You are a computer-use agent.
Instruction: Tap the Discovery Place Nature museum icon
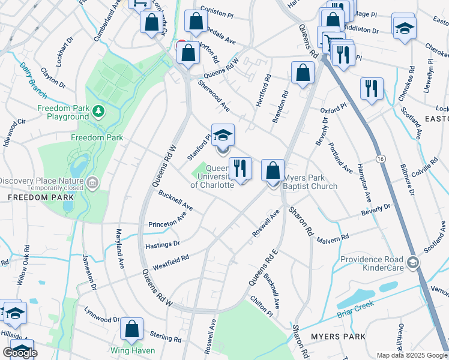[x=92, y=182]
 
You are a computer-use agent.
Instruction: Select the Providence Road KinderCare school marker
[x=412, y=262]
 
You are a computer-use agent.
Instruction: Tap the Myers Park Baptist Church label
[x=310, y=182]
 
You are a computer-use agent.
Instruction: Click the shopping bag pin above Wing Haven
[x=131, y=329]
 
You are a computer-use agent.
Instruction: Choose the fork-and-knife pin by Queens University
[x=240, y=168]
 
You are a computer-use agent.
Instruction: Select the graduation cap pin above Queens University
[x=223, y=136]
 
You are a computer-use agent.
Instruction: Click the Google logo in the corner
[x=20, y=353]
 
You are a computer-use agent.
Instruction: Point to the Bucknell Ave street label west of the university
[x=175, y=200]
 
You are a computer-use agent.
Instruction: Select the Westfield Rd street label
[x=171, y=263]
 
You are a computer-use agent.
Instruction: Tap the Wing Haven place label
[x=132, y=350]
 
